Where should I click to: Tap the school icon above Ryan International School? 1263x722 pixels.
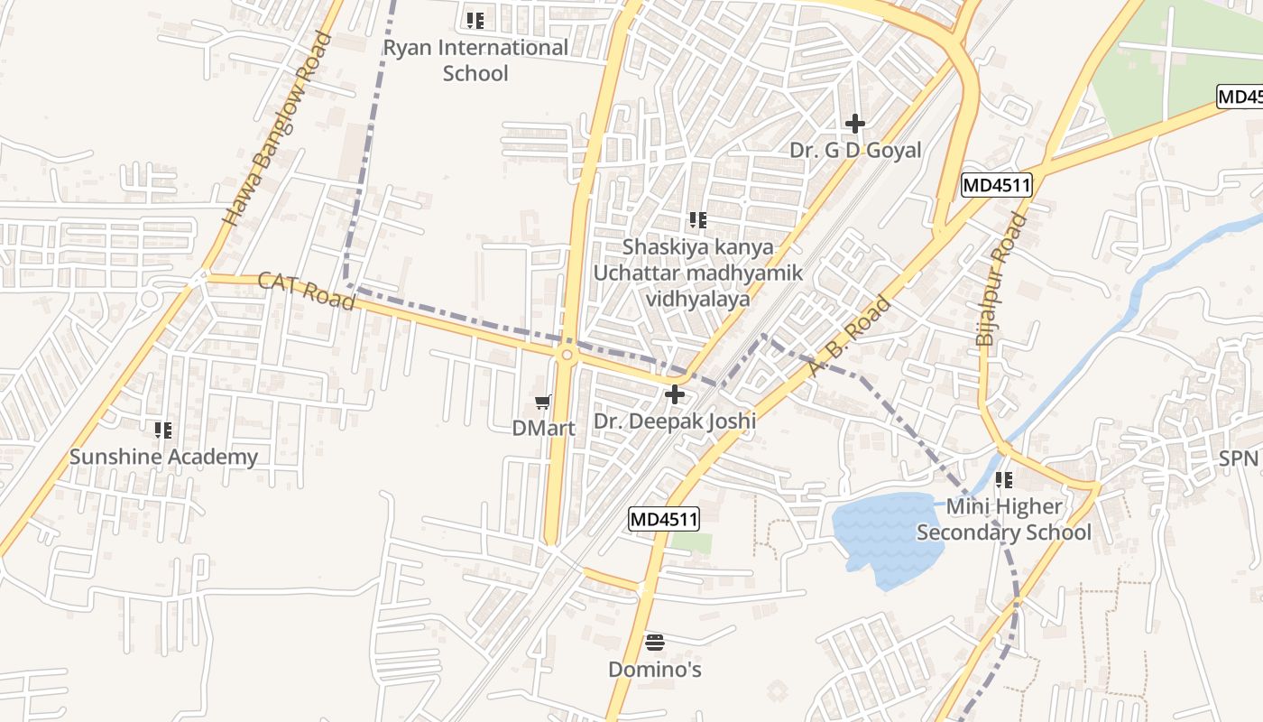click(475, 20)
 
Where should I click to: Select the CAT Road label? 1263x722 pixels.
click(307, 291)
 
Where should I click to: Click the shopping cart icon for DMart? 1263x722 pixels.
click(542, 403)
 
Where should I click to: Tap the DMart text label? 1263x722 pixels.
click(543, 429)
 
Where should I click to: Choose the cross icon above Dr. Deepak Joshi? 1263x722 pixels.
click(674, 394)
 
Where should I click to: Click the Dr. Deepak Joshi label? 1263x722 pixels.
click(675, 421)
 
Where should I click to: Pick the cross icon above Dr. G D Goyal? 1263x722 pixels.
click(855, 124)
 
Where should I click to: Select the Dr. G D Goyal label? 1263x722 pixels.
click(855, 151)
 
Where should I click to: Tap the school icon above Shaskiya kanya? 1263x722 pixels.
click(697, 219)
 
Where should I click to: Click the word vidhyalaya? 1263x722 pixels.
click(697, 299)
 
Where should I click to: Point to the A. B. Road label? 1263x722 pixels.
click(850, 336)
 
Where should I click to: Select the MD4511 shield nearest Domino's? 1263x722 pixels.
click(664, 519)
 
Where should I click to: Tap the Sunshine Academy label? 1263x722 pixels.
click(163, 457)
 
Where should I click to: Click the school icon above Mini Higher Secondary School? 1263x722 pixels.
click(1004, 480)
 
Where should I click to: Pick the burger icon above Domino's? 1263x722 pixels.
click(655, 643)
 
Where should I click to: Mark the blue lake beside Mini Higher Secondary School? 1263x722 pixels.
click(884, 537)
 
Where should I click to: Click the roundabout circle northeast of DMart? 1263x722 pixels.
click(567, 356)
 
